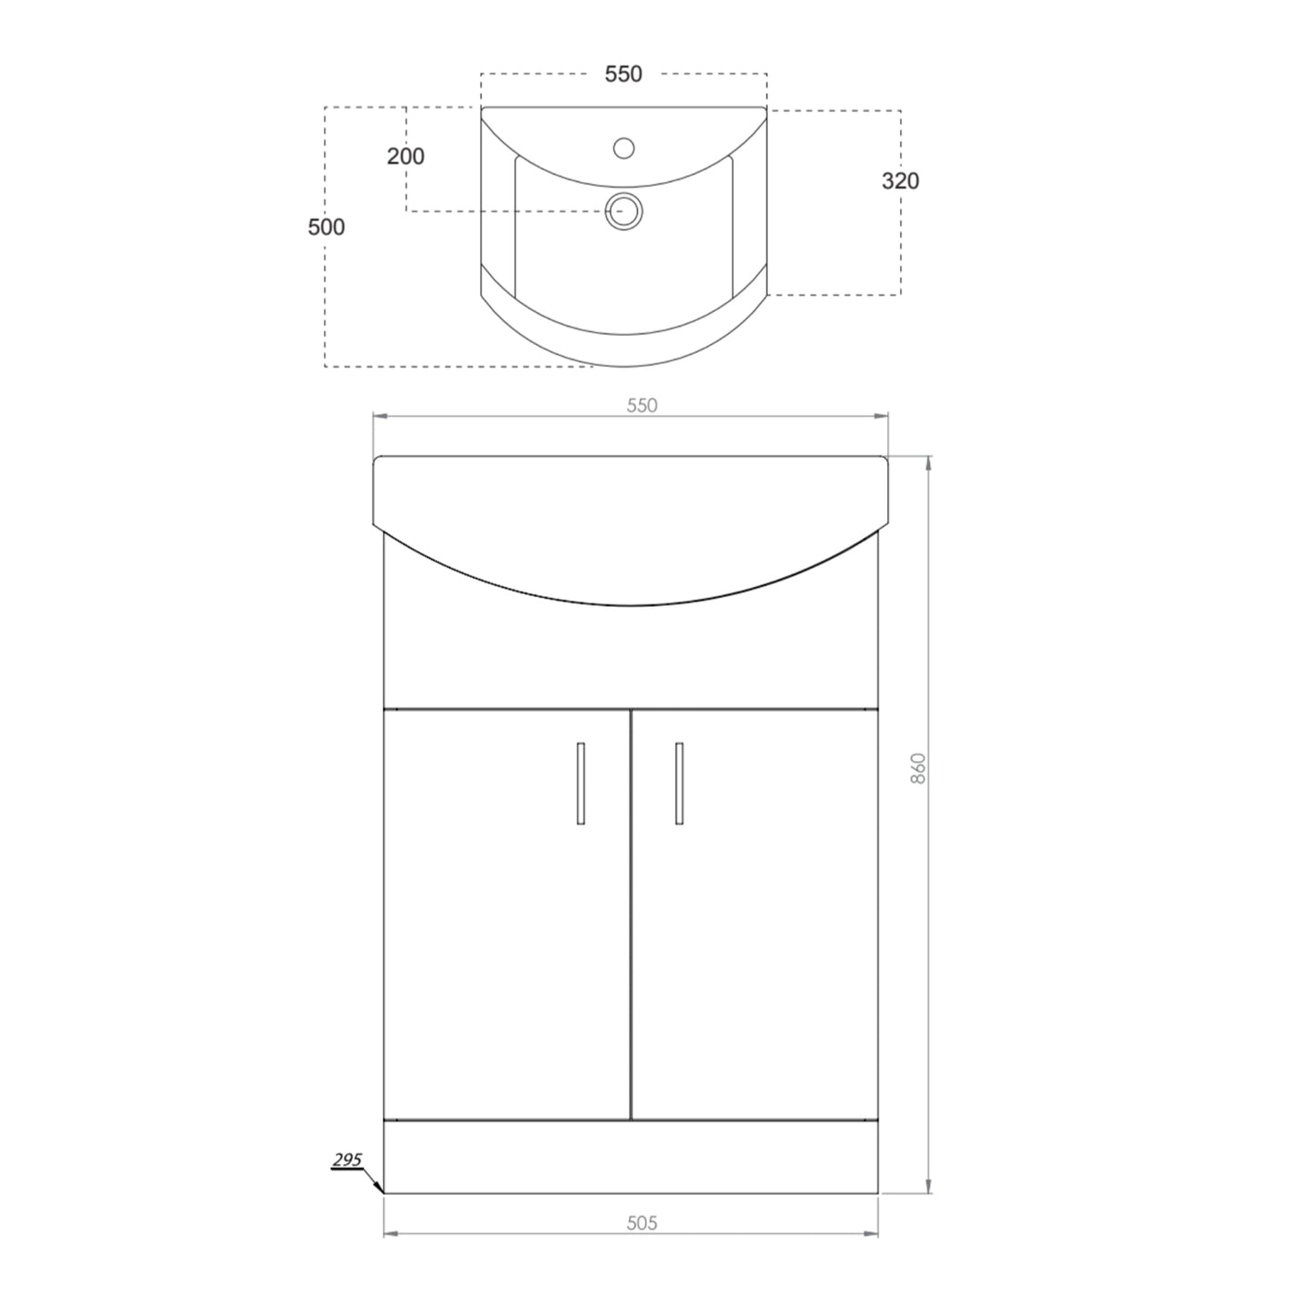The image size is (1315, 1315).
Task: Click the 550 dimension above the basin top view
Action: (623, 75)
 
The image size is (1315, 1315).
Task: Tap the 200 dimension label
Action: (406, 157)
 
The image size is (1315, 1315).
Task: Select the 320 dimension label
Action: (900, 181)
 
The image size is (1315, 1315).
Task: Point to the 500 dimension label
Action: (326, 227)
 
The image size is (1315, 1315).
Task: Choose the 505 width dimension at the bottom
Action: (642, 1223)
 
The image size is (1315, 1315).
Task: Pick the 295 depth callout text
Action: (347, 1159)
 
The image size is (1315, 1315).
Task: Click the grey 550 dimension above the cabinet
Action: (642, 406)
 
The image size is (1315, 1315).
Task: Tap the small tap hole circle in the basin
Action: (624, 147)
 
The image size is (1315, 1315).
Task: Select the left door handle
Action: (581, 784)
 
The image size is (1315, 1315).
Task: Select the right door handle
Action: (679, 784)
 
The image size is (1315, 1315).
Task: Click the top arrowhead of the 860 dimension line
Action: (928, 463)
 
